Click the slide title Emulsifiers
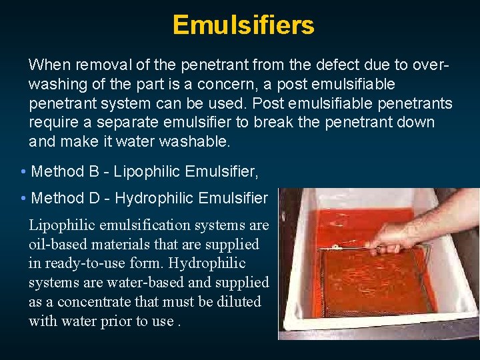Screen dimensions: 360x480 click(x=243, y=25)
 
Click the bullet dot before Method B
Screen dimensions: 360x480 click(x=23, y=172)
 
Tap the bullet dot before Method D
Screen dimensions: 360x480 click(x=23, y=199)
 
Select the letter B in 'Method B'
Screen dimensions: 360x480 click(x=94, y=172)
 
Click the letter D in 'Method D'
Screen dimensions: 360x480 click(x=94, y=199)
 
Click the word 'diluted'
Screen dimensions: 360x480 click(x=238, y=302)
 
